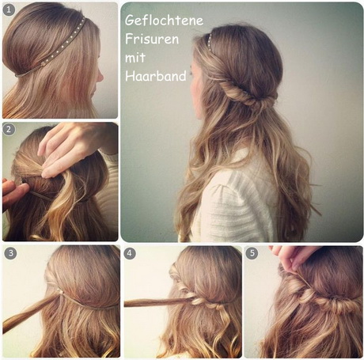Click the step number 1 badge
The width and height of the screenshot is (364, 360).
click(x=9, y=10)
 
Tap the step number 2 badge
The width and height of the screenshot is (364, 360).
click(x=9, y=130)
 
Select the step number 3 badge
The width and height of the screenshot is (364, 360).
click(x=10, y=253)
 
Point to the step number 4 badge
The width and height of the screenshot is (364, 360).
click(x=129, y=253)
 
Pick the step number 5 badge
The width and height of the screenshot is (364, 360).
click(x=252, y=253)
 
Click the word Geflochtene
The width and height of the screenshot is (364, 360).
click(x=164, y=21)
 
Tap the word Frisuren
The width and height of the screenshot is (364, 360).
click(x=152, y=39)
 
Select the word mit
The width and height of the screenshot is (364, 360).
click(x=135, y=58)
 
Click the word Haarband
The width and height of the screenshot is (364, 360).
click(x=156, y=76)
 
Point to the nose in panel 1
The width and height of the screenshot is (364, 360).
click(x=100, y=76)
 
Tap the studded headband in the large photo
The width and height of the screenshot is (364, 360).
click(x=211, y=45)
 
